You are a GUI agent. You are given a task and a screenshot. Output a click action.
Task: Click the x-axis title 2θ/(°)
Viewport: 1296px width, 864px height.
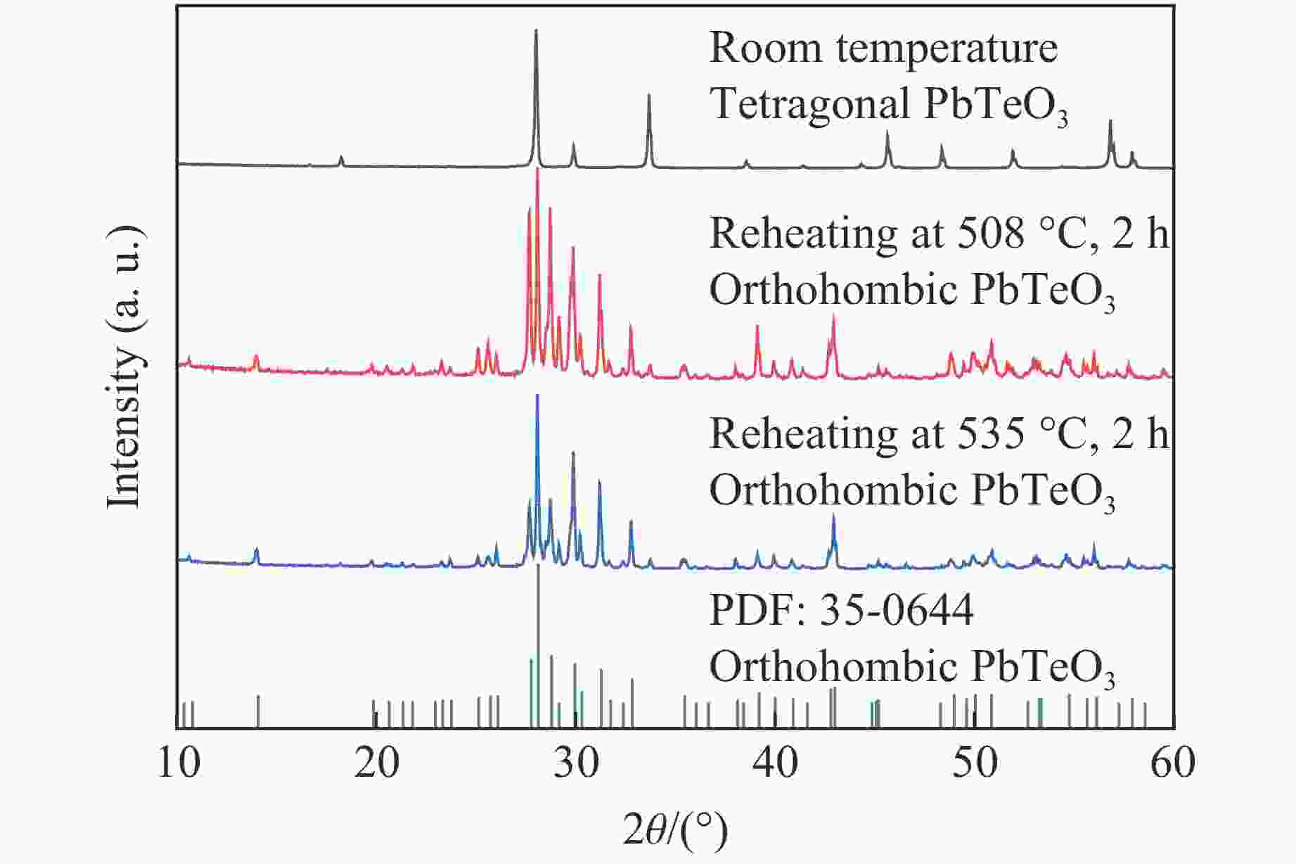[675, 831]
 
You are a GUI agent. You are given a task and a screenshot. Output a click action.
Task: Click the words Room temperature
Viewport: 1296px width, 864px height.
[883, 48]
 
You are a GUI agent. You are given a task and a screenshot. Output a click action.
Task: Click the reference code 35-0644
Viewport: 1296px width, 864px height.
[897, 610]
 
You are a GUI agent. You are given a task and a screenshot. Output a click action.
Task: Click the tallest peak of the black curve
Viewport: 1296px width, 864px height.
[537, 31]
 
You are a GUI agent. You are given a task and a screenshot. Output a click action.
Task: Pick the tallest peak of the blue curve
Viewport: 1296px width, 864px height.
[537, 395]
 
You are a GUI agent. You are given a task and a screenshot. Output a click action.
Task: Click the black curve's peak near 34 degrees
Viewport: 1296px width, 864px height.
[648, 96]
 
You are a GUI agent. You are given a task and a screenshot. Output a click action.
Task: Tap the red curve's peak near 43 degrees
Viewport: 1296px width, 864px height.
[833, 317]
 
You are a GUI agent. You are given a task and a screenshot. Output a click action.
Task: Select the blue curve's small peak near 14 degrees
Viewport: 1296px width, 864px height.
[257, 549]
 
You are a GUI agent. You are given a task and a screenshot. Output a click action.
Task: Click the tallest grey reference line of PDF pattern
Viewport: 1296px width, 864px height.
[538, 567]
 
